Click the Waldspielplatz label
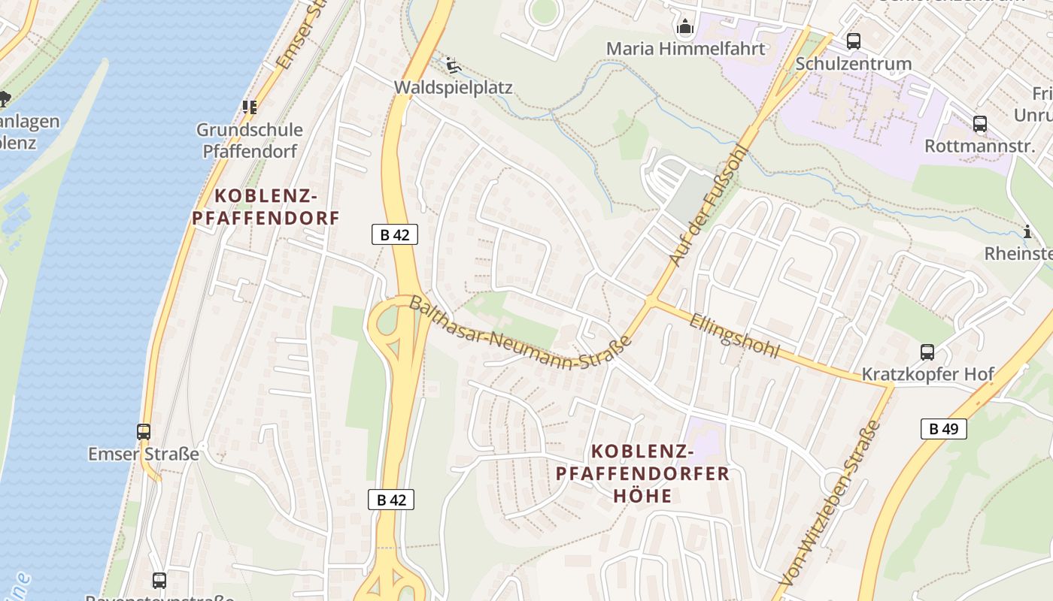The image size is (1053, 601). (454, 88)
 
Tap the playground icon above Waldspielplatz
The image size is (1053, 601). (453, 66)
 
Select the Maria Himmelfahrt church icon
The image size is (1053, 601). (684, 28)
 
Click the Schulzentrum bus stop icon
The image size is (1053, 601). (853, 41)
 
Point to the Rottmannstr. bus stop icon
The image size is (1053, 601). (979, 124)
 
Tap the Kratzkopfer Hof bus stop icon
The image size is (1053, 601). (927, 352)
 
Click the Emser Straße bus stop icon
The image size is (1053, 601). (144, 432)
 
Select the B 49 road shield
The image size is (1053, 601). (943, 429)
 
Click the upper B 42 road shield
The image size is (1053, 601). (394, 234)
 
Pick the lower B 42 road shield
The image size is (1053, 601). (391, 500)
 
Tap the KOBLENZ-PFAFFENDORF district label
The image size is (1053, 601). (266, 207)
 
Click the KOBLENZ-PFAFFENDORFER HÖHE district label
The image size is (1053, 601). (642, 473)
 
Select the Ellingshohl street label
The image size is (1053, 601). (734, 335)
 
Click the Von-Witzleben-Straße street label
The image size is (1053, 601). (831, 504)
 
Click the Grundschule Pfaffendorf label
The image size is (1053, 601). (250, 140)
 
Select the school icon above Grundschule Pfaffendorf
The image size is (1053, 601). (249, 107)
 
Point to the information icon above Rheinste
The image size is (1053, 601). (1027, 231)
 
